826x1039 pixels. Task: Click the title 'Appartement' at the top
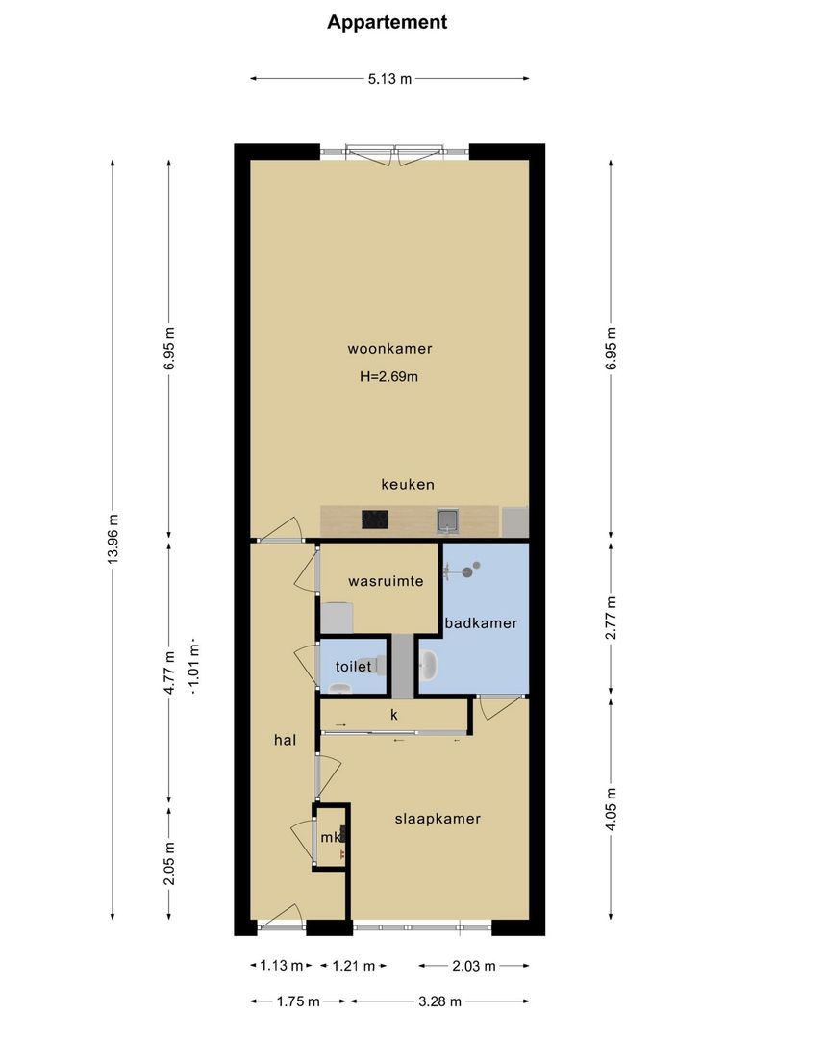387,22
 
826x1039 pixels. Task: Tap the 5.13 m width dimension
389,79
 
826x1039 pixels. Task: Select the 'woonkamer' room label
389,348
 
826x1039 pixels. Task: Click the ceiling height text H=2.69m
388,376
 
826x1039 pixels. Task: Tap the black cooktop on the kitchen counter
376,520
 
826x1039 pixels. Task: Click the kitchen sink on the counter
448,520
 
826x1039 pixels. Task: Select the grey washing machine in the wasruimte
338,617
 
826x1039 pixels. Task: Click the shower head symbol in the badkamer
466,571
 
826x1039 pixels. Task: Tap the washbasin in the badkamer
429,663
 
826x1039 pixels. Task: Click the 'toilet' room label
352,666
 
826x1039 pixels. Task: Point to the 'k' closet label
394,715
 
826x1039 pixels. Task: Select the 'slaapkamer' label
438,819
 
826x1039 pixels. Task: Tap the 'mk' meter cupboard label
330,838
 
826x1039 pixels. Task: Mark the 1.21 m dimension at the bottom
353,966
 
